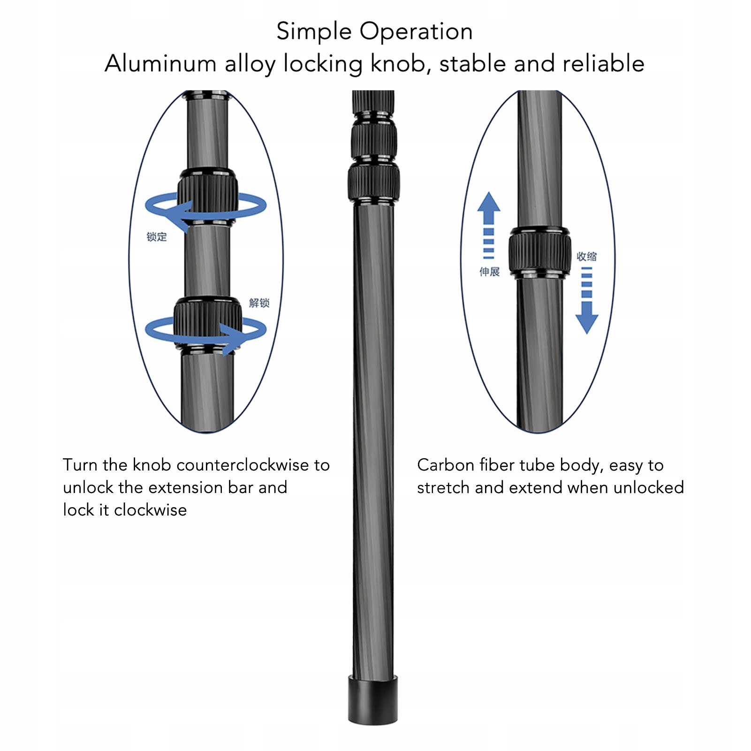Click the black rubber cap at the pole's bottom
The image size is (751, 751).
pos(373,699)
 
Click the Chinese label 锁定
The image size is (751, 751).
pos(157,237)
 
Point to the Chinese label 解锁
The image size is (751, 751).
pos(259,303)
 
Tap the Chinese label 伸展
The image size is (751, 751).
pos(489,272)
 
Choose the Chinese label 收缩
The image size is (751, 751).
pos(587,256)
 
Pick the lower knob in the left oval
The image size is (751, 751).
pos(208,321)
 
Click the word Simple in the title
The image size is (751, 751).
pos(314,32)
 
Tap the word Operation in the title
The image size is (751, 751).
pos(416,32)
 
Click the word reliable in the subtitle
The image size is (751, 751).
pos(603,63)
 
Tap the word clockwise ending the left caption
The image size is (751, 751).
pos(150,510)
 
